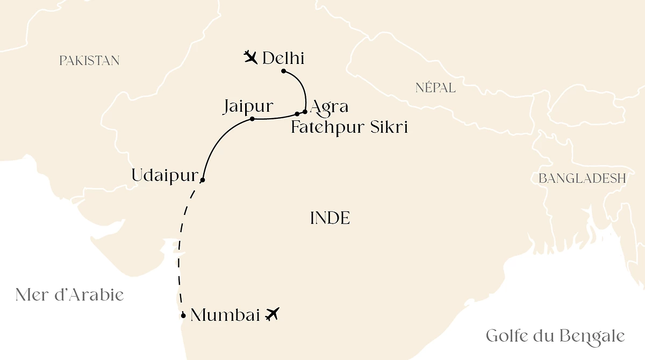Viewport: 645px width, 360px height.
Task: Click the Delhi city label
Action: pyautogui.click(x=283, y=57)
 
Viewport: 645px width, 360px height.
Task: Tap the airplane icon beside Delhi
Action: pyautogui.click(x=250, y=56)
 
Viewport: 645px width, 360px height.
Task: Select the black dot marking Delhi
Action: pyautogui.click(x=284, y=71)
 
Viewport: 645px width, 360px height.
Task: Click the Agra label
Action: pyautogui.click(x=329, y=106)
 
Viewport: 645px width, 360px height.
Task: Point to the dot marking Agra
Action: pyautogui.click(x=305, y=112)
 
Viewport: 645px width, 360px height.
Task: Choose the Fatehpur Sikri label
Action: pyautogui.click(x=349, y=127)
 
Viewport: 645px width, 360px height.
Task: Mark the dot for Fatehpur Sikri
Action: pyautogui.click(x=297, y=114)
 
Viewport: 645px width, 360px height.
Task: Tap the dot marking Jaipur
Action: pyautogui.click(x=252, y=119)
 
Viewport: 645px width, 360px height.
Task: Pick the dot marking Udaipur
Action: pyautogui.click(x=202, y=180)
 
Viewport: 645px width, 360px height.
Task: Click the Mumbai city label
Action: pyautogui.click(x=226, y=315)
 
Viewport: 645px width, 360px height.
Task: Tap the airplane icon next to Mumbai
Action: pyautogui.click(x=273, y=314)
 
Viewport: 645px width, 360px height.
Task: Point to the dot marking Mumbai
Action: pyautogui.click(x=184, y=315)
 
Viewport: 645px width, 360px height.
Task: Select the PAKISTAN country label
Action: pyautogui.click(x=89, y=61)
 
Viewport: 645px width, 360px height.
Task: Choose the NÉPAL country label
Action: pyautogui.click(x=435, y=88)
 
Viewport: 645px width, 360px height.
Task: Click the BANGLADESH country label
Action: pyautogui.click(x=582, y=178)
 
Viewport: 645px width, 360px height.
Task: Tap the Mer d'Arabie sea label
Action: pyautogui.click(x=70, y=294)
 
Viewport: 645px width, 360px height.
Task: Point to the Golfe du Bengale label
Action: pyautogui.click(x=555, y=336)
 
